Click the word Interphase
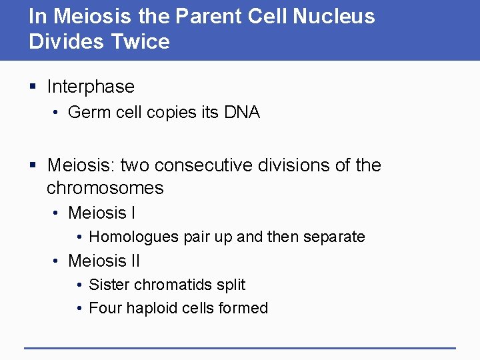click(x=91, y=87)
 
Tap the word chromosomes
click(x=105, y=188)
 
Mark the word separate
click(x=336, y=237)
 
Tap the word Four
click(x=105, y=308)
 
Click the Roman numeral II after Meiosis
click(x=133, y=261)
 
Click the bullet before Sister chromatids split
click(x=79, y=285)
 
